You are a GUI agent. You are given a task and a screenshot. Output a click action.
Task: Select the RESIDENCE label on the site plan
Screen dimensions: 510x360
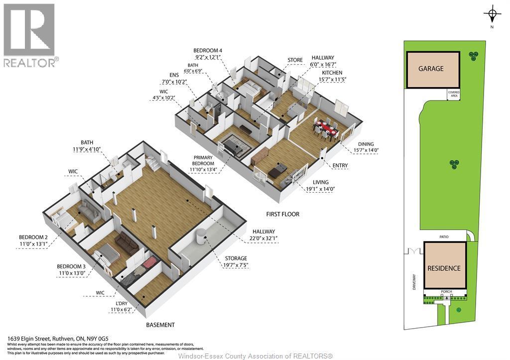coord(444,268)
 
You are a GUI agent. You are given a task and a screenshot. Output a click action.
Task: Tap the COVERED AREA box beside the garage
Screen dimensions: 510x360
coord(454,94)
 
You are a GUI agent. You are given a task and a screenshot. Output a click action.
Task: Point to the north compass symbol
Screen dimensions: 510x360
coord(492,14)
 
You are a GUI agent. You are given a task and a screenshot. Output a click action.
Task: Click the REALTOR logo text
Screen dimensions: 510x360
coord(31,62)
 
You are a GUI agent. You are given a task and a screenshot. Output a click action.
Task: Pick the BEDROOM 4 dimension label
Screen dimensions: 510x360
coord(208,57)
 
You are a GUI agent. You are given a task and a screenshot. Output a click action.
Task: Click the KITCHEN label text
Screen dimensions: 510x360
coord(332,73)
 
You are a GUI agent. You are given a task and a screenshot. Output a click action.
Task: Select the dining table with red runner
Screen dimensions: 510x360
coord(326,128)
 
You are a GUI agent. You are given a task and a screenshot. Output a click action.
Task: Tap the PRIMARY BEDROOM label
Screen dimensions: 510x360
coord(203,160)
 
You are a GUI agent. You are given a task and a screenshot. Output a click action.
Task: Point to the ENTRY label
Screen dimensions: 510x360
coord(340,165)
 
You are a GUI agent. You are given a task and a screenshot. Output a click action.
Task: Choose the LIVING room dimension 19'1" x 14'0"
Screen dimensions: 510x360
coord(320,189)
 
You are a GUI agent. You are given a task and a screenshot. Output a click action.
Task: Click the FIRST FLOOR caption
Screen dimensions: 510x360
coord(283,214)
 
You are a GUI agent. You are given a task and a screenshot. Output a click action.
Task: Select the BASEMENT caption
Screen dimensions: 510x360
coord(160,325)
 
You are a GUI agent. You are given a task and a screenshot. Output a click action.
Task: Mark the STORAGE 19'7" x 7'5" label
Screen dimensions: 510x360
coord(236,262)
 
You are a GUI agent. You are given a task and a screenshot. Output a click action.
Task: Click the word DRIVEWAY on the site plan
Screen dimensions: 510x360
coord(414,282)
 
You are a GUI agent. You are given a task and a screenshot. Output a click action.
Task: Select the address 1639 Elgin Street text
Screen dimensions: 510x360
coord(30,339)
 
